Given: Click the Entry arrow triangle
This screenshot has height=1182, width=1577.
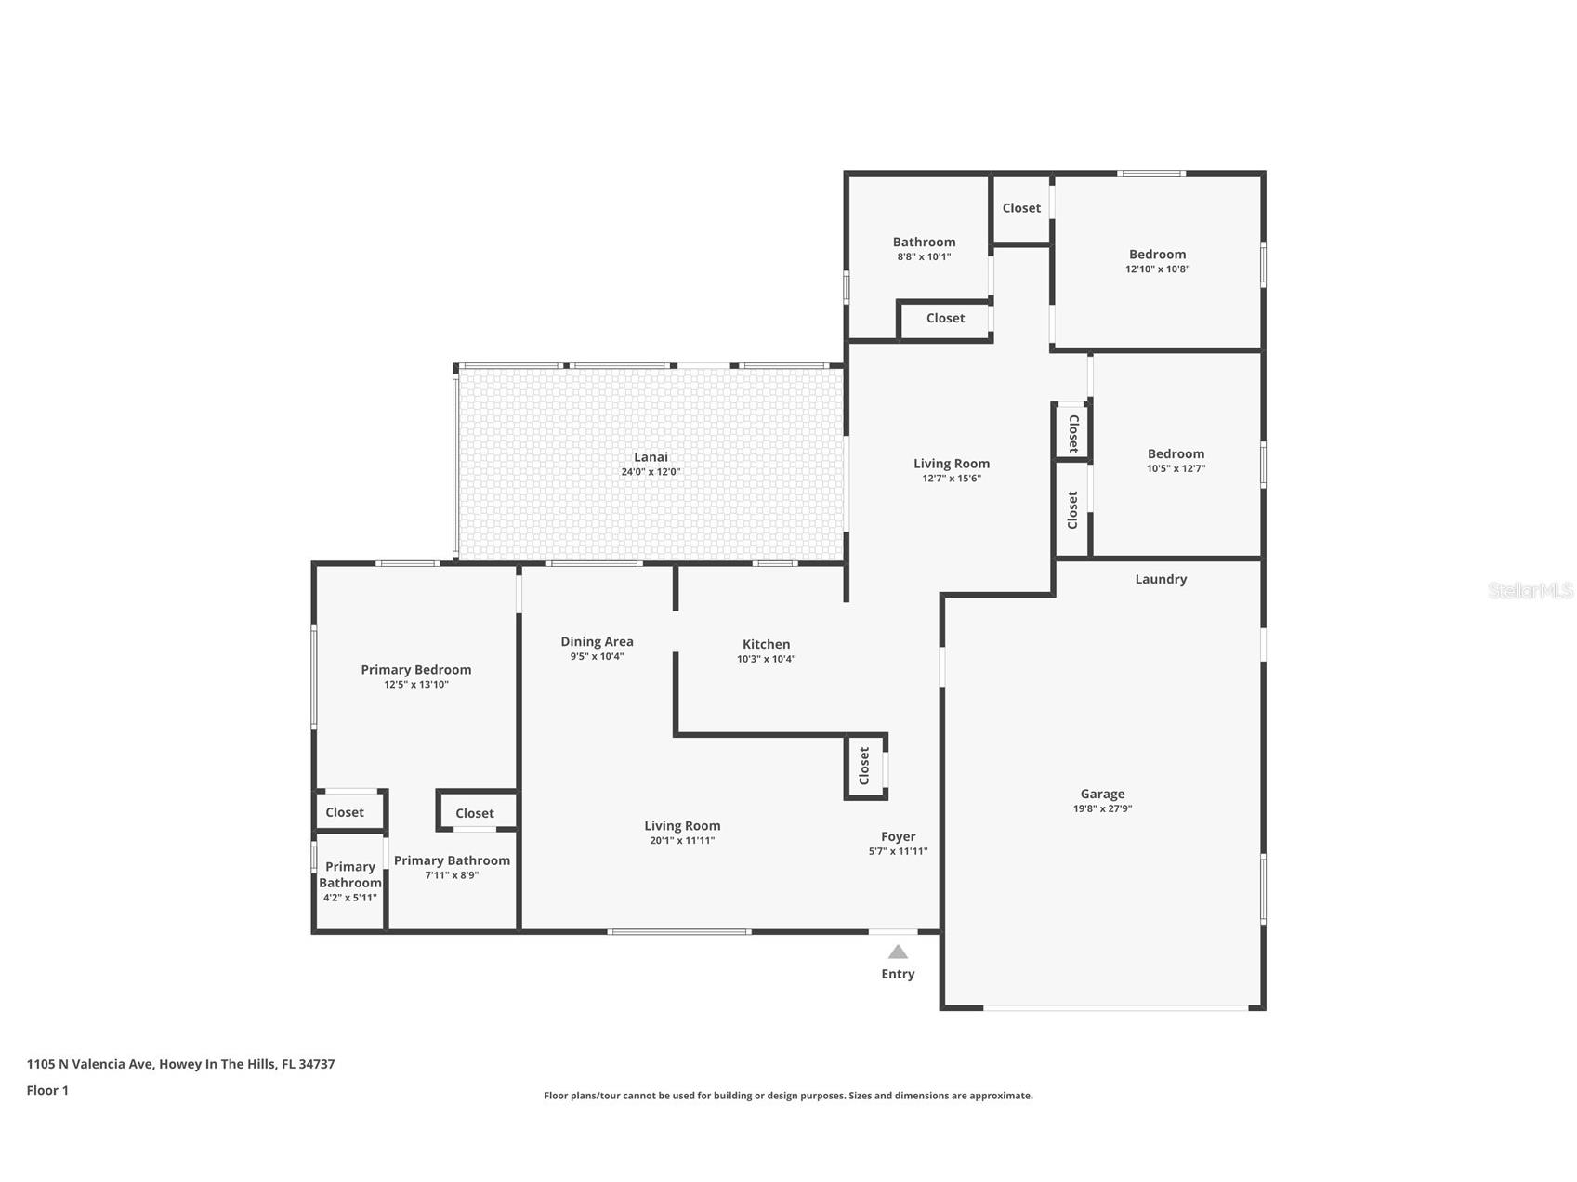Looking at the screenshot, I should coord(897,952).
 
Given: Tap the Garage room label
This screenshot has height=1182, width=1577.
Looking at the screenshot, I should coord(1102,794).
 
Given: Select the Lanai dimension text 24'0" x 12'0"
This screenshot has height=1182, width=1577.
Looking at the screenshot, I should coord(651,472).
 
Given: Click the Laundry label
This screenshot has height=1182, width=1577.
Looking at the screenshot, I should coord(1161,579).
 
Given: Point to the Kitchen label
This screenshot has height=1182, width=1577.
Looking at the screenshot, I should coord(766,644).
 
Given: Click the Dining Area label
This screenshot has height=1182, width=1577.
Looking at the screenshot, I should coord(597,641).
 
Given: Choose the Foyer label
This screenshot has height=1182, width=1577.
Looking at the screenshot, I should coord(898,836).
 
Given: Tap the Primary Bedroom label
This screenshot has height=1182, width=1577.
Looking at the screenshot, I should coord(415,669).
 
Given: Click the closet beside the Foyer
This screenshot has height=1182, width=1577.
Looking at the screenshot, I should coord(864,766).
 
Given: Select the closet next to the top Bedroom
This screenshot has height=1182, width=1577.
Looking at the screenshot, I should coord(1021,208).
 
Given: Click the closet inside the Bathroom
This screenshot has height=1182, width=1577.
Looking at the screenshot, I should coord(945,318).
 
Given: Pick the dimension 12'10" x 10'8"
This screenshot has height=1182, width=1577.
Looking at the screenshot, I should coord(1157,269).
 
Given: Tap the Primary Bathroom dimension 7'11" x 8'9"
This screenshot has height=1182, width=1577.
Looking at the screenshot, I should coord(452,875).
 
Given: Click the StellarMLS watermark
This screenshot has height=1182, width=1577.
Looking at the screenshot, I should coord(1530,591).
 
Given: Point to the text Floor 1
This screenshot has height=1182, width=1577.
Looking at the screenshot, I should coord(47,1090).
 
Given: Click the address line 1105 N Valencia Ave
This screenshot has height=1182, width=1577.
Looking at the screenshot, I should coord(180,1064).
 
